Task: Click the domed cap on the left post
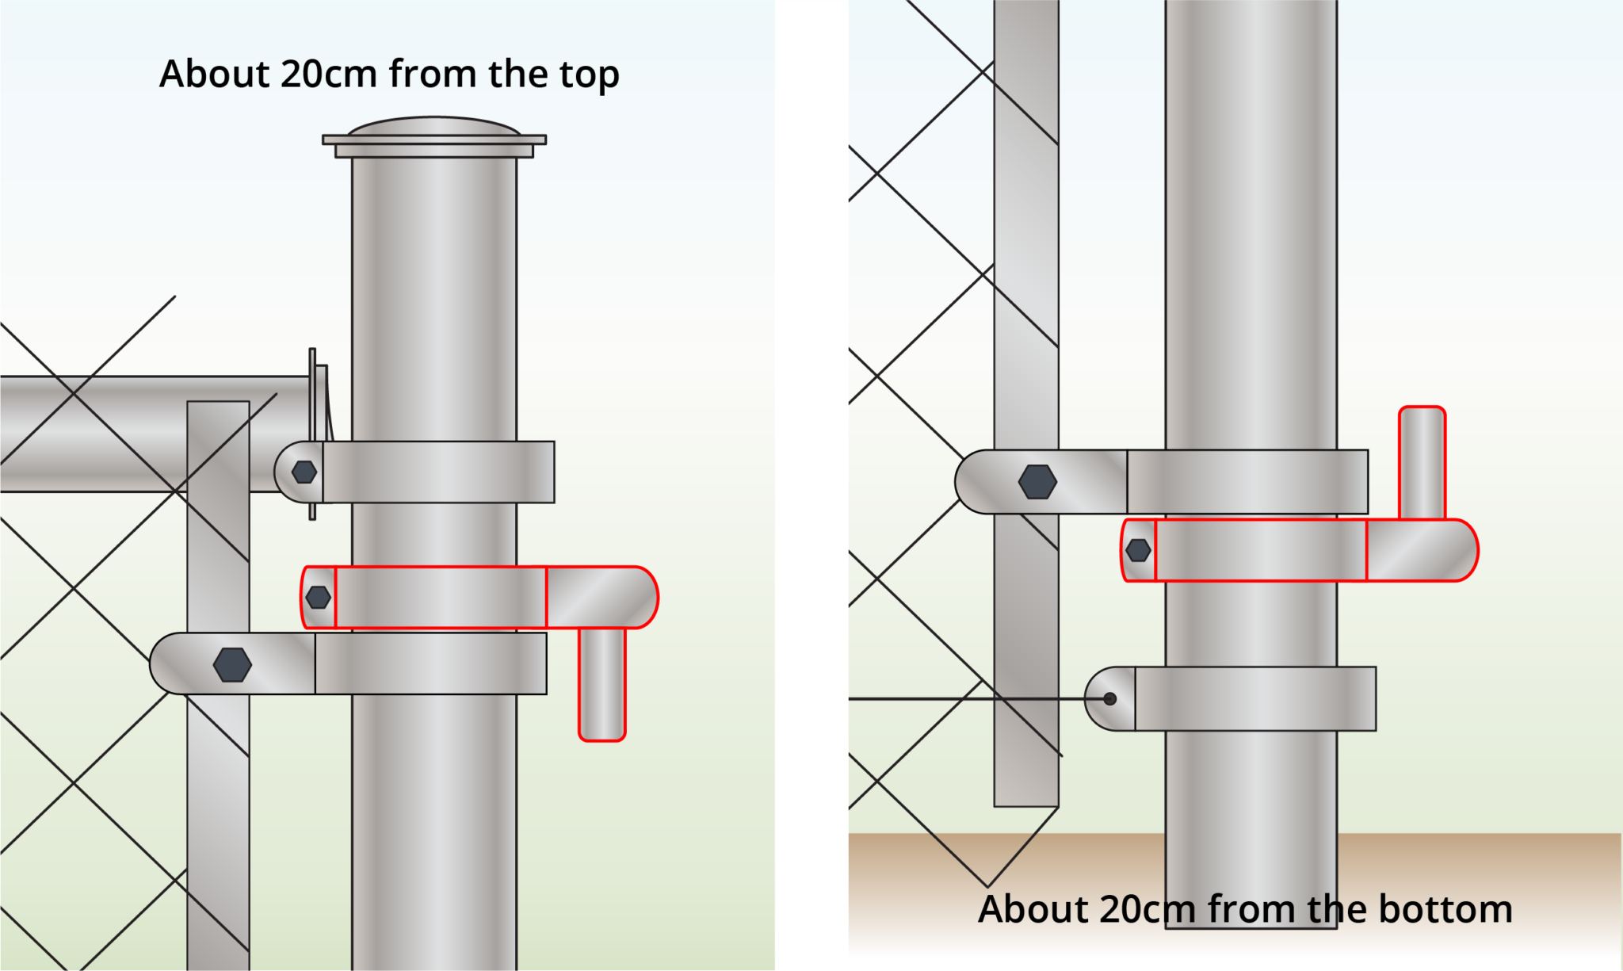(434, 128)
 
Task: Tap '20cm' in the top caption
(328, 75)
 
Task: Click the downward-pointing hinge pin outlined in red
(602, 686)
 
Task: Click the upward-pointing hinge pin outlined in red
(1422, 464)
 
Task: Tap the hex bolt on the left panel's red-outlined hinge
(318, 598)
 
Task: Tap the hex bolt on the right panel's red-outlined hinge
(1138, 550)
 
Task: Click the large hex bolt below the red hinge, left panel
(232, 665)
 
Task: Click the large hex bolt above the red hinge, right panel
(1037, 482)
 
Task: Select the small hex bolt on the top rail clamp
(304, 472)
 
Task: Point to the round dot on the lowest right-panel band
(1109, 699)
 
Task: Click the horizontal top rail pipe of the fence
(119, 434)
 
